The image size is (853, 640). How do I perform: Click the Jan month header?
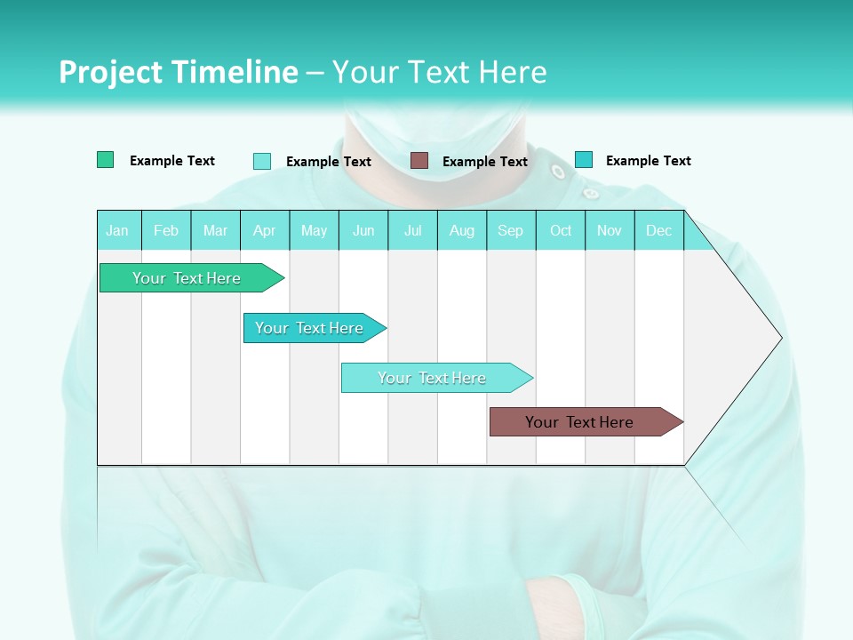click(x=117, y=230)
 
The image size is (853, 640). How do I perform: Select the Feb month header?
click(x=166, y=230)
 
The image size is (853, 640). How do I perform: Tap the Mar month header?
click(x=215, y=230)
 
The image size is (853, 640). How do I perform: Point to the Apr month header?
click(x=265, y=230)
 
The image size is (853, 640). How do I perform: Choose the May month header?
click(x=314, y=230)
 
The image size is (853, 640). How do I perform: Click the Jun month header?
click(x=363, y=230)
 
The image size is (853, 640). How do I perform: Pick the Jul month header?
click(x=412, y=230)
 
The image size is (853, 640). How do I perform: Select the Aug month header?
click(x=462, y=230)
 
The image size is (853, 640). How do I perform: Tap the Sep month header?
click(x=511, y=230)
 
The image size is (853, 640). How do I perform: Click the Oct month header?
click(x=561, y=230)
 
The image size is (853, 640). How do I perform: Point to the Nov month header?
click(x=610, y=230)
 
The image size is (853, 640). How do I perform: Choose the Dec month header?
click(x=659, y=230)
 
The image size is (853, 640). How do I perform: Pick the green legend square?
click(x=105, y=160)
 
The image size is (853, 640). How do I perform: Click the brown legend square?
click(x=419, y=160)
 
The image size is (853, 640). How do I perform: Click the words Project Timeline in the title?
click(x=179, y=72)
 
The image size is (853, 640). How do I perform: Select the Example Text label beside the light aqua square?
click(x=329, y=162)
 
